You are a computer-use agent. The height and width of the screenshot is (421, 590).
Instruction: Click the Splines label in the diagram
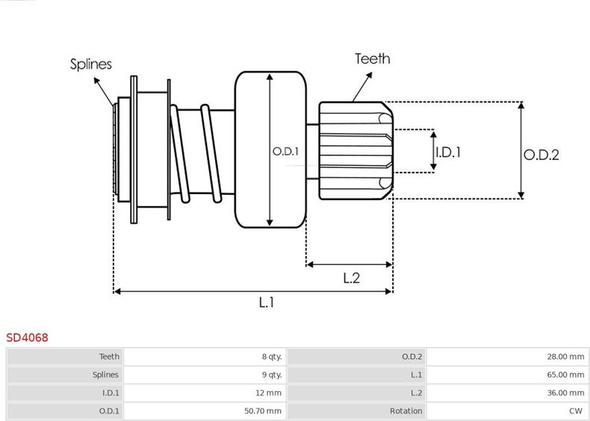click(x=91, y=64)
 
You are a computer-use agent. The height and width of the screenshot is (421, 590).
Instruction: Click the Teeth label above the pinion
click(x=372, y=58)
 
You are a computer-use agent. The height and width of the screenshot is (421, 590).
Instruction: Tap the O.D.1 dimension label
click(x=285, y=152)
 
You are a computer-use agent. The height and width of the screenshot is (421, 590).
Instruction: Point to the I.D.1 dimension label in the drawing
click(x=448, y=152)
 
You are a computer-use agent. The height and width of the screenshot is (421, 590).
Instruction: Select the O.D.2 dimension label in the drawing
click(x=541, y=155)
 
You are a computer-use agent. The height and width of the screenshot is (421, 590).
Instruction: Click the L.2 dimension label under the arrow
click(x=352, y=278)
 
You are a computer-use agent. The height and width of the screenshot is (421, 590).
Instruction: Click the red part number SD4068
click(x=28, y=337)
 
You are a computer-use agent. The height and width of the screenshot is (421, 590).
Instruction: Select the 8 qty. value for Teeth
click(x=272, y=357)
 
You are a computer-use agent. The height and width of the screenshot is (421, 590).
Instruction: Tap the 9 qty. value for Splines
click(x=272, y=375)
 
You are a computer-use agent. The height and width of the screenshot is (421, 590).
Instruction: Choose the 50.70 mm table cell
click(x=263, y=411)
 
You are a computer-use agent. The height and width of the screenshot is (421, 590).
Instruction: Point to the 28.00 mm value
click(x=565, y=357)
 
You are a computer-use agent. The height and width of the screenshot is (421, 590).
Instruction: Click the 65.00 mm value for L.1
click(x=565, y=375)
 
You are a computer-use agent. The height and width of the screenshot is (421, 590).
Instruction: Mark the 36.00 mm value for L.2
click(x=565, y=393)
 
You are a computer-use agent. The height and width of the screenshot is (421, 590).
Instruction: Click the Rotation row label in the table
click(x=406, y=411)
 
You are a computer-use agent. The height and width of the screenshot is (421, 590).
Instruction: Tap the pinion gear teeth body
click(x=355, y=152)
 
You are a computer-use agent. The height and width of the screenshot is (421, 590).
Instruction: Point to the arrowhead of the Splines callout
click(x=115, y=103)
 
